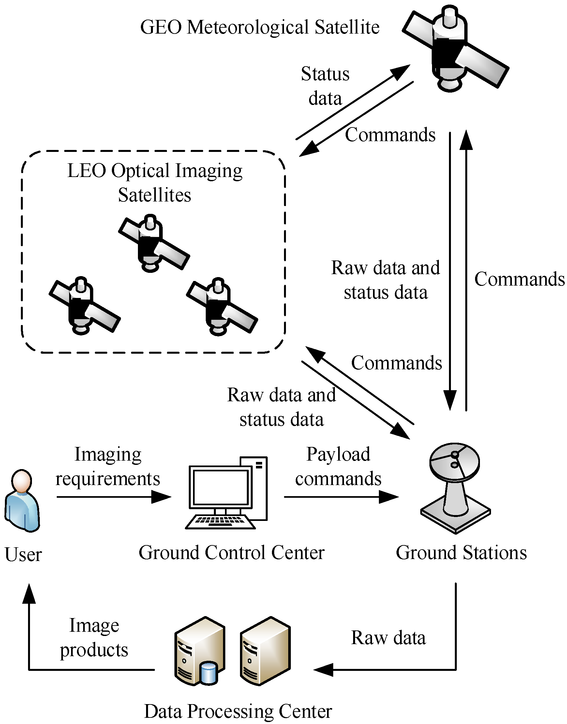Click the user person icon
(x=22, y=501)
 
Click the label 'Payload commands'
(x=338, y=466)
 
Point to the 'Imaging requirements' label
(x=108, y=466)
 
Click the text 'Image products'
(x=94, y=637)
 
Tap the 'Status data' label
(x=325, y=86)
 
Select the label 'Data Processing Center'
(x=238, y=711)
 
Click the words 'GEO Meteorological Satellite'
(x=260, y=27)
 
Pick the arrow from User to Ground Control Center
(x=113, y=497)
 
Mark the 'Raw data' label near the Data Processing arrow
(x=388, y=638)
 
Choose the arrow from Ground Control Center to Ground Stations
(x=340, y=497)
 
